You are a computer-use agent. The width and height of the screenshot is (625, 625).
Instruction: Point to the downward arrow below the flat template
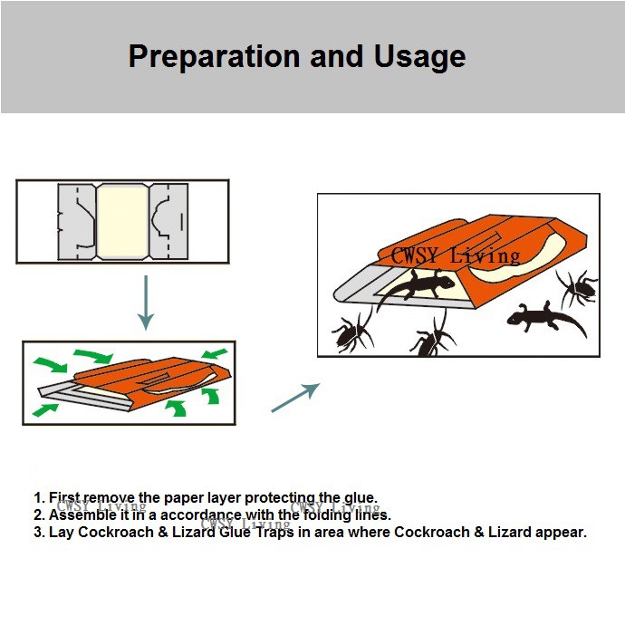[x=145, y=303]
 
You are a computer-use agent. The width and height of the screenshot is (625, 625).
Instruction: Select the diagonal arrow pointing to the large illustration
[x=295, y=398]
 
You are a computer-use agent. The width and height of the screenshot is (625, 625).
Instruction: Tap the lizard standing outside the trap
[x=535, y=316]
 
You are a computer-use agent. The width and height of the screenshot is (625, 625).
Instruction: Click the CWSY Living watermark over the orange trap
[x=450, y=255]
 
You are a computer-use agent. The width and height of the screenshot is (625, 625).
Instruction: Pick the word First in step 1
[x=64, y=497]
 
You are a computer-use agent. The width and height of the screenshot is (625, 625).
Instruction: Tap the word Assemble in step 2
[x=81, y=514]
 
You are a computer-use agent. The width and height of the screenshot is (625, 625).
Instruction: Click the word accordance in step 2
[x=201, y=514]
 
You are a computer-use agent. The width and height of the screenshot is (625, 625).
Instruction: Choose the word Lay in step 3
[x=61, y=532]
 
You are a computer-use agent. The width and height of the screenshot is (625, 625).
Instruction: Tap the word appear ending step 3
[x=562, y=532]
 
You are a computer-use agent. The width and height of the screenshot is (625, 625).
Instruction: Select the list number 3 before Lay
[x=39, y=532]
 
